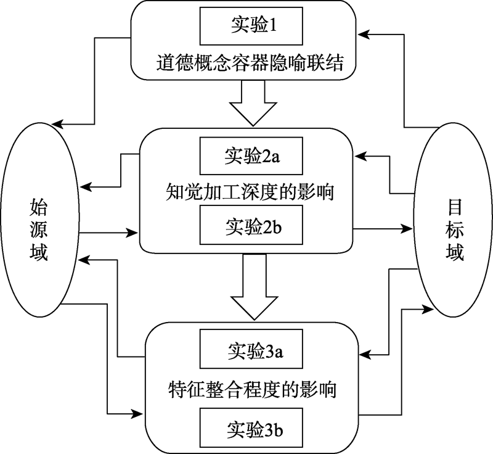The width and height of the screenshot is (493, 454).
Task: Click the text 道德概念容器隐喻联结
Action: pos(245,63)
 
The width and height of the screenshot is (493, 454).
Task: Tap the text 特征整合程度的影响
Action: pos(253,390)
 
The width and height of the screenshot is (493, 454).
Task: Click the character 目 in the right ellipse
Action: pos(454,203)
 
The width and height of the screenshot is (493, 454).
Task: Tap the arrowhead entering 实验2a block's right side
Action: pos(364,153)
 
